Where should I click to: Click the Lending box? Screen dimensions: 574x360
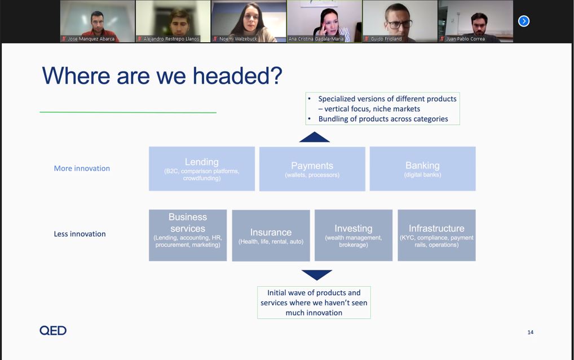[x=202, y=168]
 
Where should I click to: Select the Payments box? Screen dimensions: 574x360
[x=312, y=169]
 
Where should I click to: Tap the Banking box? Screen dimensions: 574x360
[x=422, y=168]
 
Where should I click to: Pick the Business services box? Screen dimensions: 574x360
[x=188, y=235]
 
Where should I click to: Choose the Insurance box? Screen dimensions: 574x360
[x=271, y=235]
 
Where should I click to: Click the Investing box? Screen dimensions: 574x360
[x=354, y=235]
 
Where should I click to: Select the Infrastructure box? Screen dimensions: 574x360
[x=437, y=235]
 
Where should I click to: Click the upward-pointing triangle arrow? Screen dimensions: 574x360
[x=315, y=138]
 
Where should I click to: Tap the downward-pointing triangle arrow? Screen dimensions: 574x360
[x=317, y=274]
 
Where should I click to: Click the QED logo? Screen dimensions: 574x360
[x=53, y=330]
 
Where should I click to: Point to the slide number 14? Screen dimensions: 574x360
[x=531, y=332]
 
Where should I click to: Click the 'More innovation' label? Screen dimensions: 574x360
[x=82, y=168]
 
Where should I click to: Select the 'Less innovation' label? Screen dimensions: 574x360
[x=80, y=234]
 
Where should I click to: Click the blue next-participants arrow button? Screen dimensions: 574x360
[x=524, y=21]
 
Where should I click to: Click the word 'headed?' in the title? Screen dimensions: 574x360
[x=237, y=75]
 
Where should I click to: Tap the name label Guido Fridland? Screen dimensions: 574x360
[x=386, y=39]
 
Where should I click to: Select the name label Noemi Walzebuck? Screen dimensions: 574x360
[x=238, y=39]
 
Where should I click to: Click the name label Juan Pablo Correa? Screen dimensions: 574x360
[x=465, y=39]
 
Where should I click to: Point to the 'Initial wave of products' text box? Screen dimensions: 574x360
[x=314, y=303]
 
